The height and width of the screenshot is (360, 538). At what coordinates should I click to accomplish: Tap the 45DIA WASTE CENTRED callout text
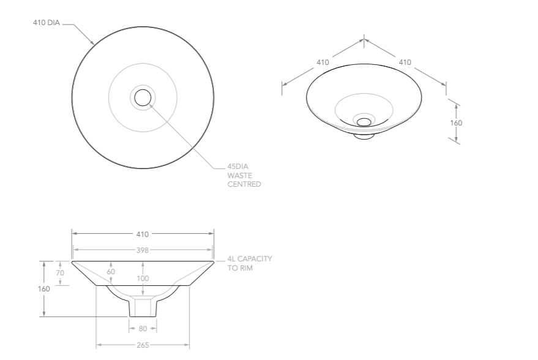pyautogui.click(x=244, y=175)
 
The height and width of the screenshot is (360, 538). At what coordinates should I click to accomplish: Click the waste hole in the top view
pyautogui.click(x=143, y=97)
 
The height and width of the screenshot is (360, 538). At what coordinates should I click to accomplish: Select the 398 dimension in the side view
pyautogui.click(x=142, y=250)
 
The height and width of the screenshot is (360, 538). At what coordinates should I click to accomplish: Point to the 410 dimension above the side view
pyautogui.click(x=142, y=234)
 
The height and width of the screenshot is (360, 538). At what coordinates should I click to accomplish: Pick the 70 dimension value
pyautogui.click(x=60, y=272)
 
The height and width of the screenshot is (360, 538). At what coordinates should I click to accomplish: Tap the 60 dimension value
pyautogui.click(x=111, y=271)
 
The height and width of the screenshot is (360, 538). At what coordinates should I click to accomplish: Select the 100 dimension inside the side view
pyautogui.click(x=143, y=279)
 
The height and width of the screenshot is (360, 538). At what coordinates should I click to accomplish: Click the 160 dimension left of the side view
pyautogui.click(x=43, y=288)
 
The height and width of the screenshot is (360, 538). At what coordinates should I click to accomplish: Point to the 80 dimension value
pyautogui.click(x=143, y=329)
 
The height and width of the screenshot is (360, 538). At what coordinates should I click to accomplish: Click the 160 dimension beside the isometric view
pyautogui.click(x=456, y=122)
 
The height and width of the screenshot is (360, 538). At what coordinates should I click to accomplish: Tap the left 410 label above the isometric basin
pyautogui.click(x=323, y=62)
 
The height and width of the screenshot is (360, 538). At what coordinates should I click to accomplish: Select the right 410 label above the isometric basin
pyautogui.click(x=405, y=62)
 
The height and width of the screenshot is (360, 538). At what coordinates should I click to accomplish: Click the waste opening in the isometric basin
pyautogui.click(x=364, y=121)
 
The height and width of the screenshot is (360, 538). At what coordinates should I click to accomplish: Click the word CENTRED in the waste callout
pyautogui.click(x=244, y=184)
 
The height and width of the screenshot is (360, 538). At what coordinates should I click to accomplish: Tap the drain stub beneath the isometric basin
pyautogui.click(x=364, y=135)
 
